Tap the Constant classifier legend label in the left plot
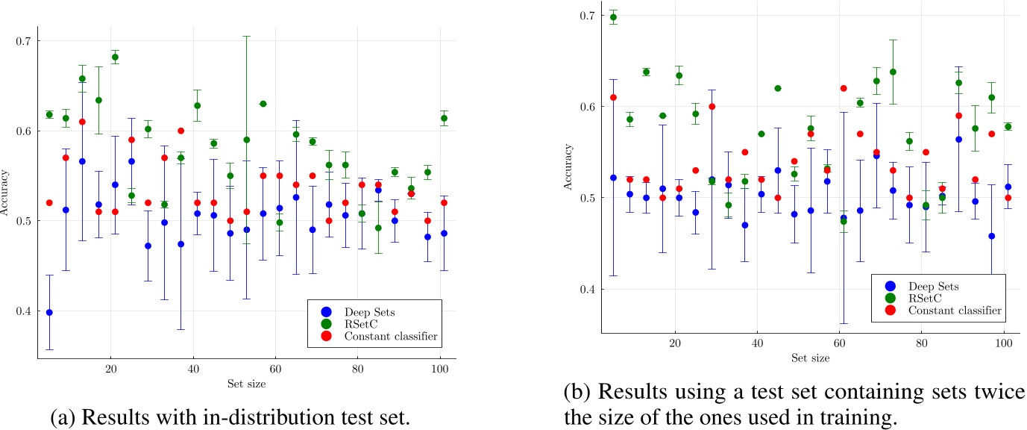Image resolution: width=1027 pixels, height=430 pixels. pyautogui.click(x=392, y=337)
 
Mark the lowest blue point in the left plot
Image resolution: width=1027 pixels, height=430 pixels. pyautogui.click(x=49, y=312)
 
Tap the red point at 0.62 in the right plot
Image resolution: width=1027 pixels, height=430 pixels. pyautogui.click(x=844, y=88)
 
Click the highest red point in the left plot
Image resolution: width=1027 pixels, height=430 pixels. pyautogui.click(x=82, y=122)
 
